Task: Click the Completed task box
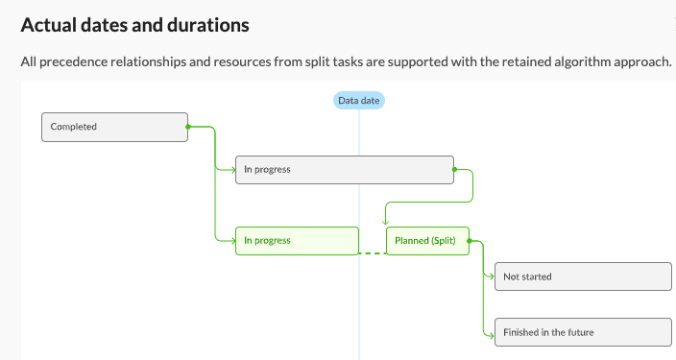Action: pos(114,127)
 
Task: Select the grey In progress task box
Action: pos(344,170)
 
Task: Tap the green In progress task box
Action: pos(297,240)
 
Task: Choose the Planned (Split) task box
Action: pos(427,240)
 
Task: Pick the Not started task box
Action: pos(582,276)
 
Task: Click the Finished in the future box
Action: pos(582,332)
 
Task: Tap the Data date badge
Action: pos(360,101)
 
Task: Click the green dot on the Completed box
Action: pos(187,127)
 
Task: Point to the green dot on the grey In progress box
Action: pos(453,170)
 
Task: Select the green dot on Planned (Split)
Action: pos(470,241)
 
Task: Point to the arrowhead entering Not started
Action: pos(491,276)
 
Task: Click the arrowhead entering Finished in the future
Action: pos(491,332)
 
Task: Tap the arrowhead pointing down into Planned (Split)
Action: pos(385,223)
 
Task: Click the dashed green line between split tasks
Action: pos(372,253)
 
